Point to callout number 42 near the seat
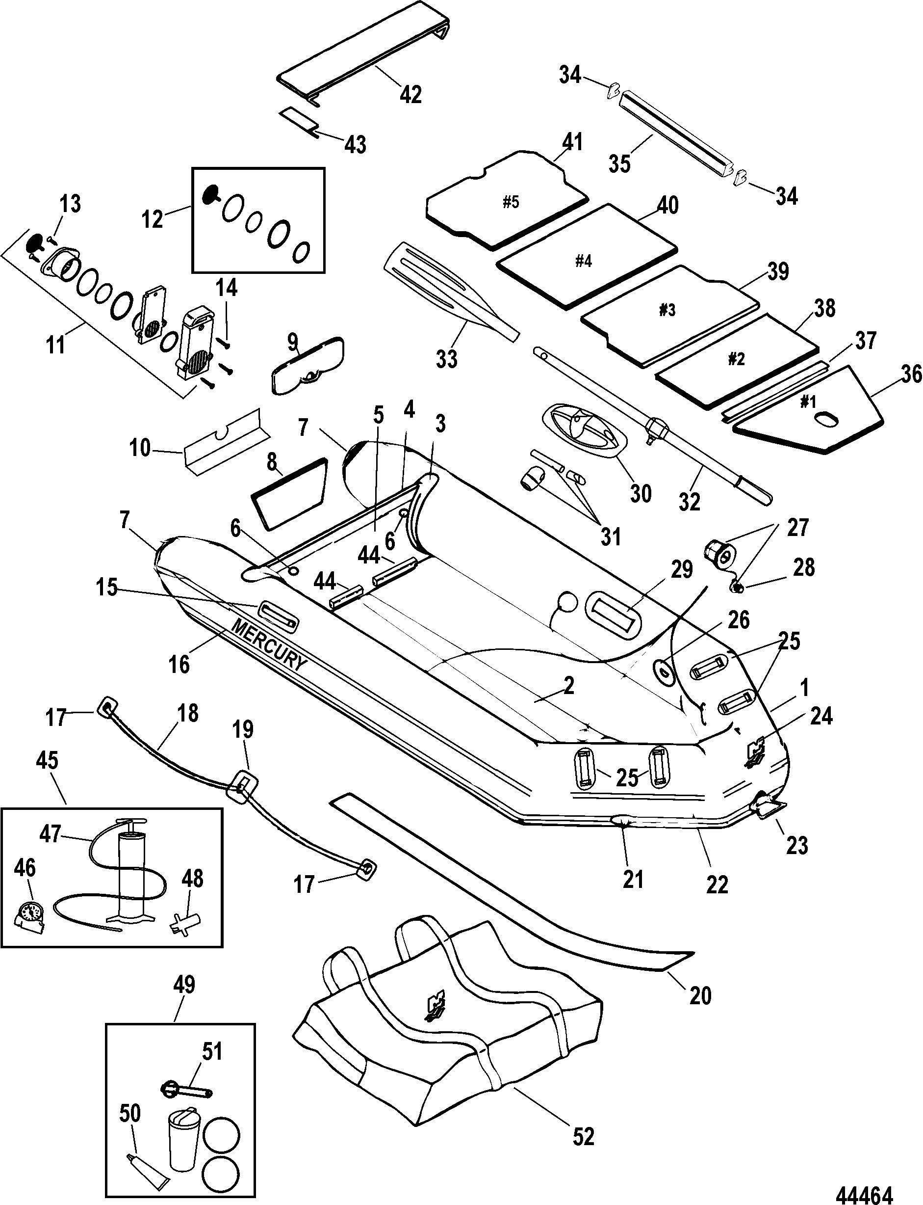pyautogui.click(x=410, y=95)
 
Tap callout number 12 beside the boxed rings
pyautogui.click(x=152, y=219)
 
